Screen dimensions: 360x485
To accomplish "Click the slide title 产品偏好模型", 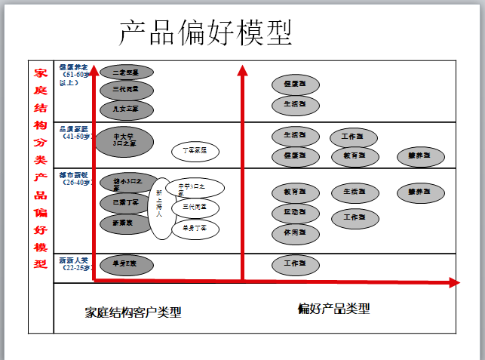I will pyautogui.click(x=205, y=32).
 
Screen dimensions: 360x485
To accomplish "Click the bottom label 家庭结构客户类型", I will pyautogui.click(x=133, y=312).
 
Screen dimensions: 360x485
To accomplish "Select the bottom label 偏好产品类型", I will pyautogui.click(x=333, y=309).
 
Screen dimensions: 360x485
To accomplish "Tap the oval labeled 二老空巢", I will pyautogui.click(x=126, y=72).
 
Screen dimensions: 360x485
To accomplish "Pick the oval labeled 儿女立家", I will pyautogui.click(x=126, y=109).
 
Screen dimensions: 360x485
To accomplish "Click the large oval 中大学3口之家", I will pyautogui.click(x=124, y=139).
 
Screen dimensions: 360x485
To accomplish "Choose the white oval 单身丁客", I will pyautogui.click(x=195, y=227).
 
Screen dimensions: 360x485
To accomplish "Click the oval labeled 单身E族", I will pyautogui.click(x=126, y=264).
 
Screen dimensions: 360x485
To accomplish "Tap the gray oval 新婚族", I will pyautogui.click(x=126, y=223).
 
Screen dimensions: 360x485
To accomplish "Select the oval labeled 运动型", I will pyautogui.click(x=295, y=213).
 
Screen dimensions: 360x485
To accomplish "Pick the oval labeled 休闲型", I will pyautogui.click(x=295, y=232).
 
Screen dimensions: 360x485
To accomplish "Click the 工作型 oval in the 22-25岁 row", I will pyautogui.click(x=295, y=264).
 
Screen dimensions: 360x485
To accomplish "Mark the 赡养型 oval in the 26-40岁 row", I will pyautogui.click(x=419, y=192).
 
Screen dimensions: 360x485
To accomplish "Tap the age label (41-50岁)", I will pyautogui.click(x=75, y=137).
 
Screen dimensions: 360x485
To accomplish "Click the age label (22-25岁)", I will pyautogui.click(x=75, y=267).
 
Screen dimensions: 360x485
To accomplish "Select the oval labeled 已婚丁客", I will pyautogui.click(x=126, y=203).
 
